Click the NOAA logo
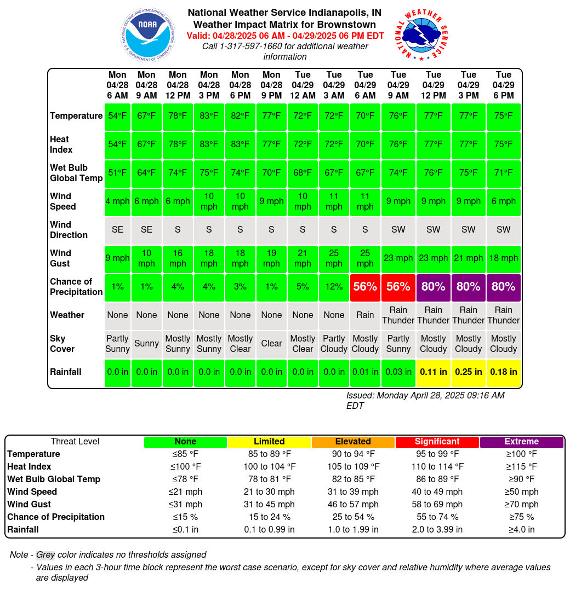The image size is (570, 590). tap(147, 34)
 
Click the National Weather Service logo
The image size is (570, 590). tap(421, 34)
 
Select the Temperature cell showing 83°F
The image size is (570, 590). tap(209, 116)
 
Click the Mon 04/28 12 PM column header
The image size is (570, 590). tap(178, 85)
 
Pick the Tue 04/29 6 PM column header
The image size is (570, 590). tap(503, 85)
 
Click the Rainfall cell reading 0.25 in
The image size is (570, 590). tap(468, 372)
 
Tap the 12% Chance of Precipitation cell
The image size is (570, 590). tap(334, 287)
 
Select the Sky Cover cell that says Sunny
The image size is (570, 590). tap(146, 344)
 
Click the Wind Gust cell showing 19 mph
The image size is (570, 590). tap(271, 258)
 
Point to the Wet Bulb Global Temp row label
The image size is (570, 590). tap(76, 173)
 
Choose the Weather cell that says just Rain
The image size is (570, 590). tap(365, 315)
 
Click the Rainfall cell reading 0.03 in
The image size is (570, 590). tap(398, 372)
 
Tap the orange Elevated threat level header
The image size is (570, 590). tap(353, 442)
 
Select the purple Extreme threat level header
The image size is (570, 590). tap(522, 442)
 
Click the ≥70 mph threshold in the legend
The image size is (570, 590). tap(522, 504)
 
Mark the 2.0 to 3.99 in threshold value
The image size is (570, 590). tap(437, 529)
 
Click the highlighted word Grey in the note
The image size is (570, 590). tap(45, 554)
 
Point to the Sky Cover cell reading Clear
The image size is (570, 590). tap(271, 344)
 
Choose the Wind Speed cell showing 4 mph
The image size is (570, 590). tap(117, 201)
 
